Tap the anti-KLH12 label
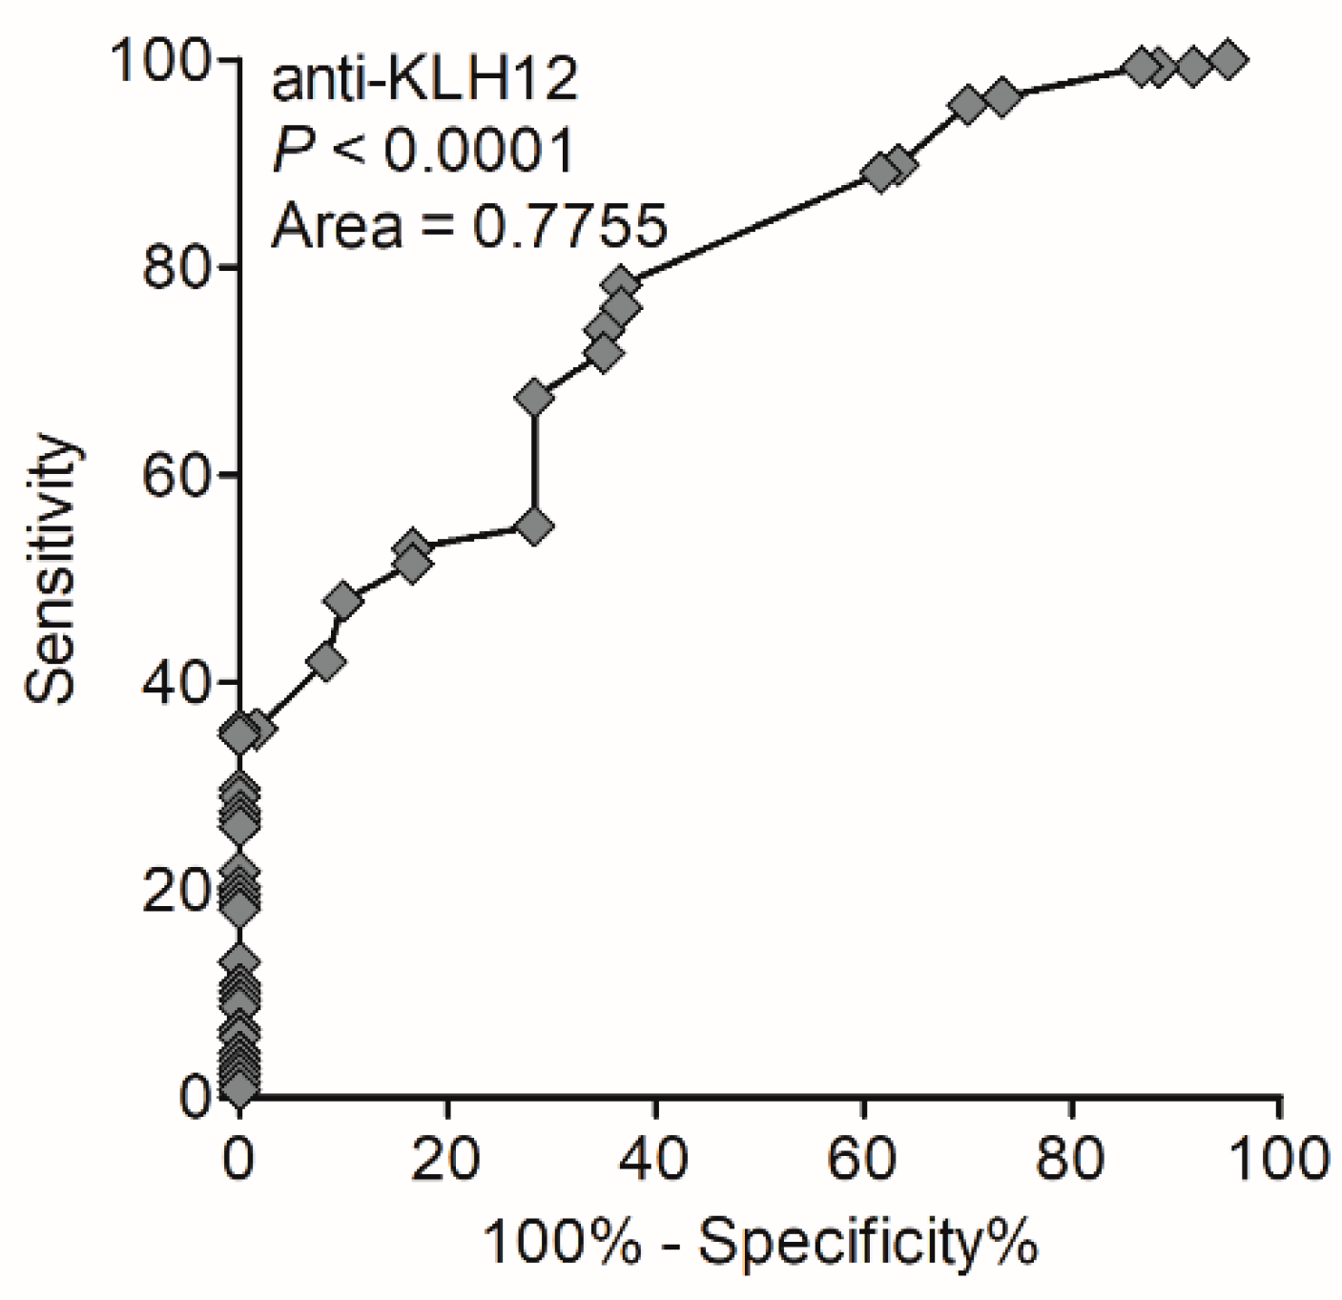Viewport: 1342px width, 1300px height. point(424,81)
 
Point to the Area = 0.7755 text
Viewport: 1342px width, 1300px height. point(467,226)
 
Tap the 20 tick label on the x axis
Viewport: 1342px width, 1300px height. point(447,1160)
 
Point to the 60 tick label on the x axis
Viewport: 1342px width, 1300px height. point(863,1160)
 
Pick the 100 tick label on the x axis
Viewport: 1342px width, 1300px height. point(1279,1160)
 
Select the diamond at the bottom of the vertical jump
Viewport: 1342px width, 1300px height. point(534,526)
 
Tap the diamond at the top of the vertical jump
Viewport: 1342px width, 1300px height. point(534,398)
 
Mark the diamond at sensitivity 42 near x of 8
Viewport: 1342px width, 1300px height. point(327,662)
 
